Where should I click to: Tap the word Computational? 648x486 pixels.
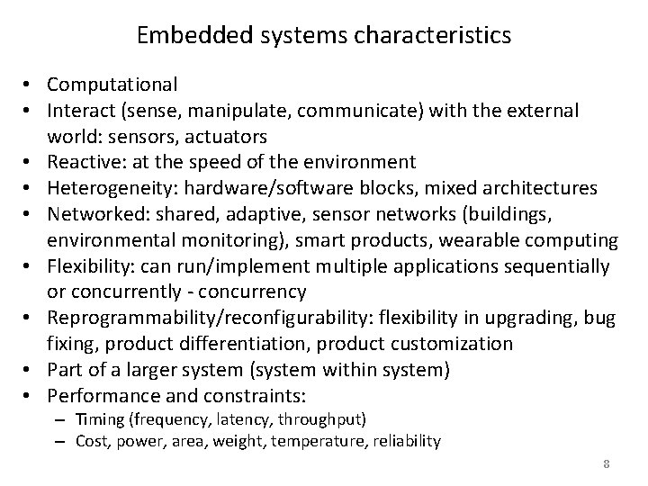click(x=112, y=85)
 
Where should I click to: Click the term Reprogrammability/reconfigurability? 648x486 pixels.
click(x=212, y=318)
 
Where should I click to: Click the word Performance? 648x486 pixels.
click(x=100, y=396)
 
